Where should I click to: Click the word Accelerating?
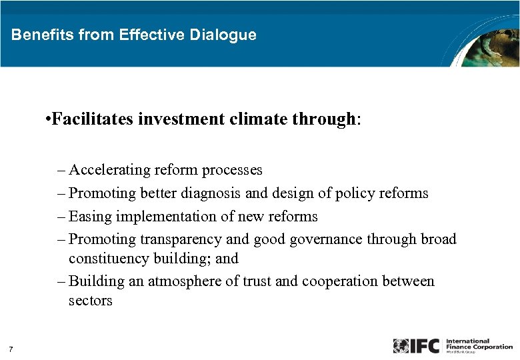click(111, 170)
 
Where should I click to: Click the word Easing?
click(90, 217)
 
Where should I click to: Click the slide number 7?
click(11, 349)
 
